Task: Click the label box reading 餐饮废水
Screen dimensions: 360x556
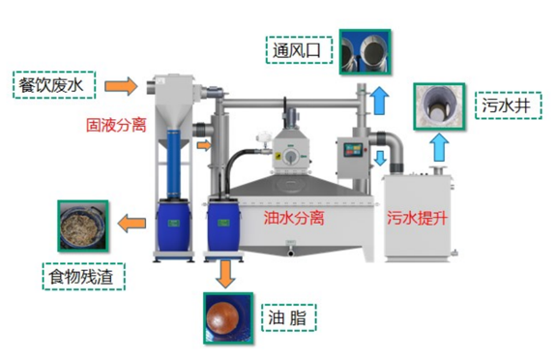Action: click(x=53, y=85)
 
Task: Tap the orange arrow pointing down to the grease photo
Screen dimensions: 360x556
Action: click(x=224, y=273)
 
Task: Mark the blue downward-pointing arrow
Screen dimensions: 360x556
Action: click(x=379, y=156)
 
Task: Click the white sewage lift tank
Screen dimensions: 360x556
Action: click(x=421, y=218)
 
